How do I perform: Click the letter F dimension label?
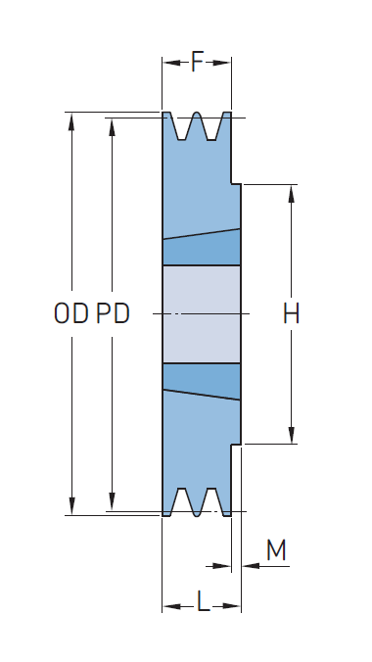[x=197, y=62]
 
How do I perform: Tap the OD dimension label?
[x=71, y=313]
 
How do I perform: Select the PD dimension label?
[x=113, y=313]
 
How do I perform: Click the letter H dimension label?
[x=291, y=313]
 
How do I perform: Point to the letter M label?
[x=276, y=550]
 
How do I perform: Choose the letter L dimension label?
[x=203, y=601]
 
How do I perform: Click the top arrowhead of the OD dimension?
[x=71, y=122]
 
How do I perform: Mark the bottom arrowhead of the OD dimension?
[x=71, y=505]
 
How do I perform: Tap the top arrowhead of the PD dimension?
[x=112, y=127]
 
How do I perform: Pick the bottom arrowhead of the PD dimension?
[x=112, y=501]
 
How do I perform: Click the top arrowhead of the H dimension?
[x=291, y=194]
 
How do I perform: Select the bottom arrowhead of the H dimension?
[x=292, y=435]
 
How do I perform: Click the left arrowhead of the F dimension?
[x=172, y=63]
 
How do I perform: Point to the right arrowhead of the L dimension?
[x=231, y=606]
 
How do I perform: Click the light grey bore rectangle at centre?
[x=202, y=313]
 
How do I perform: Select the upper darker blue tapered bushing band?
[x=202, y=249]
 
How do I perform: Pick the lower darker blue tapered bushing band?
[x=202, y=380]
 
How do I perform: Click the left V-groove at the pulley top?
[x=181, y=125]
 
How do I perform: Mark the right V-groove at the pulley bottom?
[x=211, y=501]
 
